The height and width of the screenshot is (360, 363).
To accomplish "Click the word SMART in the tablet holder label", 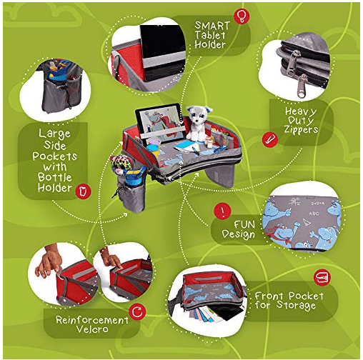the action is coord(212,26).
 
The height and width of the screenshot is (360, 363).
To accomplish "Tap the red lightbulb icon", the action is coord(242,16).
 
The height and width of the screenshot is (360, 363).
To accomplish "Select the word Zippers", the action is coord(301,129).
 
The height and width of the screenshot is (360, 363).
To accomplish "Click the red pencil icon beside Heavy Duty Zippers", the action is coord(269,139).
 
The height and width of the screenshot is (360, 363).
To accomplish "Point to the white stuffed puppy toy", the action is coord(198,124).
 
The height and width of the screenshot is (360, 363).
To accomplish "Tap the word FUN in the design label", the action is coord(244,224).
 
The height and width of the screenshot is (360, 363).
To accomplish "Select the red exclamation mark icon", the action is coord(222,211).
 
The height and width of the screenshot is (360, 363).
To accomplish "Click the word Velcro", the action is coord(92,329).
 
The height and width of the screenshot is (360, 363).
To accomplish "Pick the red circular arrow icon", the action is coord(137,311).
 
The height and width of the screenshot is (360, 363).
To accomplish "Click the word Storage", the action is coord(296,306).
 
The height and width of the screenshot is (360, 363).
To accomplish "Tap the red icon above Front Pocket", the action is coord(322,277).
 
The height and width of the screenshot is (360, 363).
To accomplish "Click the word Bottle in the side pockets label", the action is coord(54,177).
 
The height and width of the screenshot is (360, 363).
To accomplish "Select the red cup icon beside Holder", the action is coord(83,191).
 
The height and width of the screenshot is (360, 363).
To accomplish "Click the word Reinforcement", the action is coord(92,320).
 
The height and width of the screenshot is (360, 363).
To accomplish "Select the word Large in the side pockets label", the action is coord(54,134).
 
